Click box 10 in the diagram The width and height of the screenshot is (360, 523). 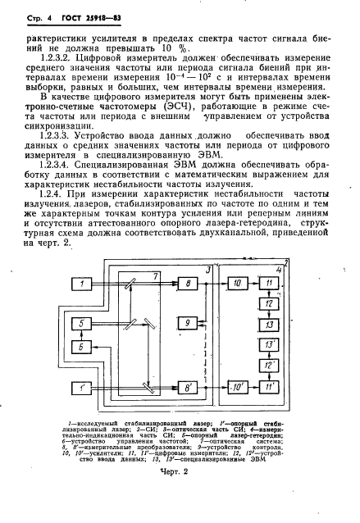pyautogui.click(x=237, y=284)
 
